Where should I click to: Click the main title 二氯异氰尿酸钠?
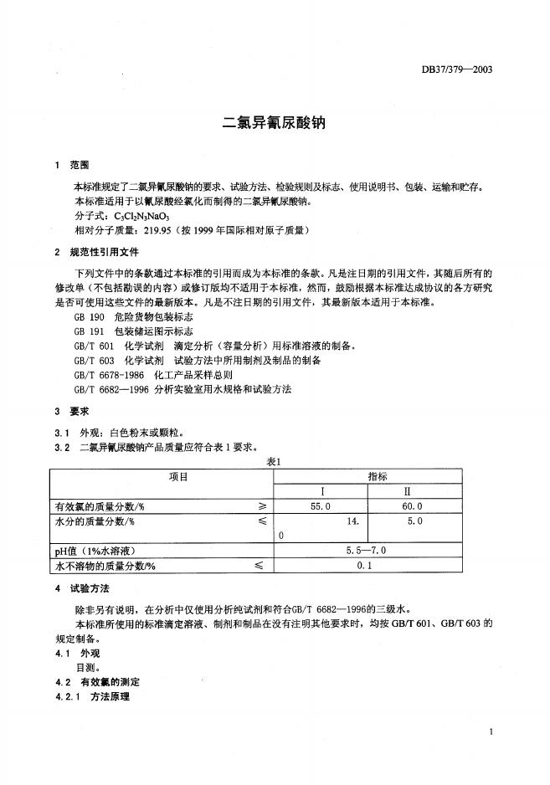[x=273, y=122]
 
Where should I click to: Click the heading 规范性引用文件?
[x=104, y=251]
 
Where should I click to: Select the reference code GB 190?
[x=86, y=318]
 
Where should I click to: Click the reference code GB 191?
[x=86, y=332]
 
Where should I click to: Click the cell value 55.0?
[x=321, y=506]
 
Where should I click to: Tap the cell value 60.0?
[x=413, y=506]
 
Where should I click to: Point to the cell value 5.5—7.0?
[x=366, y=552]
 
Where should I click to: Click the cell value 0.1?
[x=365, y=567]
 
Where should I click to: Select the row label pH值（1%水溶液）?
[x=95, y=552]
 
